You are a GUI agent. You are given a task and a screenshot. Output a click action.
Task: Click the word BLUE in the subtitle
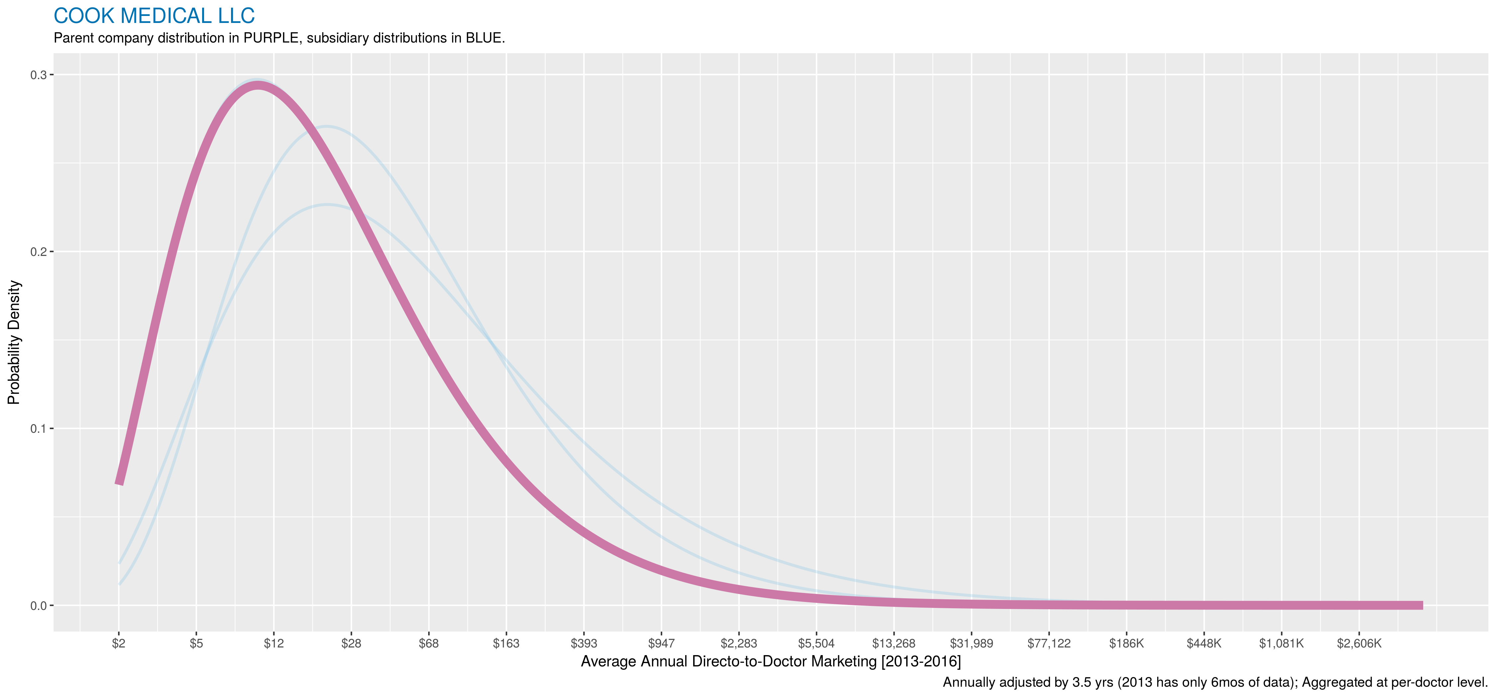[484, 38]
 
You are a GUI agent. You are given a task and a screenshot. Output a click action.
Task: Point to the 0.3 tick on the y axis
[38, 75]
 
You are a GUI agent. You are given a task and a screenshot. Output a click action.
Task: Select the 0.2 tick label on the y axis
[38, 252]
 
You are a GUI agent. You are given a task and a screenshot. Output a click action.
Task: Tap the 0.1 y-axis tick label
[38, 428]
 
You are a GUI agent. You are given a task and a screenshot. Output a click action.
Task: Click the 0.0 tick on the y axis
[38, 606]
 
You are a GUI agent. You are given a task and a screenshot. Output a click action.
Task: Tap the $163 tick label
[506, 643]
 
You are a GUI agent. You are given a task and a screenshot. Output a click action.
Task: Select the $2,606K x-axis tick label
[1359, 643]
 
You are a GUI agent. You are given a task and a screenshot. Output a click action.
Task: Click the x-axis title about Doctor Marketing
[771, 661]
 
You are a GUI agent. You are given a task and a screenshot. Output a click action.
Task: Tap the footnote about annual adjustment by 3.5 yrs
[1215, 682]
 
